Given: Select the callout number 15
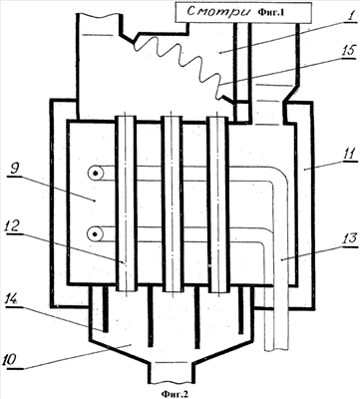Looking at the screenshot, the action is [x=349, y=52].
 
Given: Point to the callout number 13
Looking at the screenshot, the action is [x=348, y=238].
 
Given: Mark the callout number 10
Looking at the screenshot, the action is [x=12, y=361].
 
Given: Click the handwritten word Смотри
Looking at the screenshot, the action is [x=218, y=12].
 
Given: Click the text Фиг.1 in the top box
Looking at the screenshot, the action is [x=270, y=13].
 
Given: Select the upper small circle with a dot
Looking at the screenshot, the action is [x=96, y=174].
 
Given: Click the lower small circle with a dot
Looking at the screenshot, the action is [x=96, y=234].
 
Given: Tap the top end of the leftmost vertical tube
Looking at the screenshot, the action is [x=126, y=117].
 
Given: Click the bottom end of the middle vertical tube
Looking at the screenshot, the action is [x=173, y=291].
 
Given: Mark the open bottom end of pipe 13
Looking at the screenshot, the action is [x=276, y=349].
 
